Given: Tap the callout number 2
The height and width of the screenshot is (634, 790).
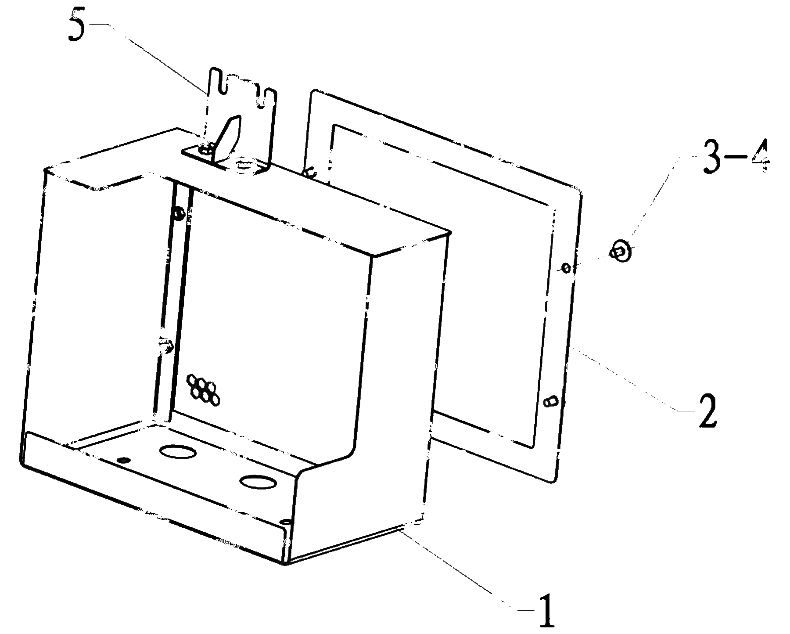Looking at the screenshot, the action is click(705, 411).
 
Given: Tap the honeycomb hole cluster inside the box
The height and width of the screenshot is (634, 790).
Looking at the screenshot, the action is click(204, 389).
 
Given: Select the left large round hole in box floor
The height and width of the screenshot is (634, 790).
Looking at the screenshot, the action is click(178, 451).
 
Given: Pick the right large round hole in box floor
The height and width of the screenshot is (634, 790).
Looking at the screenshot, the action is click(259, 482).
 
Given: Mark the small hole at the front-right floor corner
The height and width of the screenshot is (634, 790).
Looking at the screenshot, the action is click(286, 521).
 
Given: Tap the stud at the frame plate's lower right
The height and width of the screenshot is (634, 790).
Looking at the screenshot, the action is click(550, 401).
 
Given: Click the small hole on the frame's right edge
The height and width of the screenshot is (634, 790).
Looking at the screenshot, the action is click(566, 268).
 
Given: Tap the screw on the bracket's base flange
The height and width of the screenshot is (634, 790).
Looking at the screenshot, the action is click(205, 149).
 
